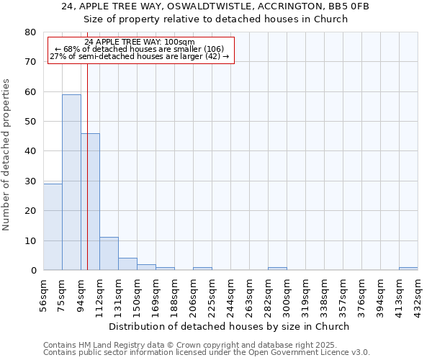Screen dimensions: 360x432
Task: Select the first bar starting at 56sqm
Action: (x=53, y=227)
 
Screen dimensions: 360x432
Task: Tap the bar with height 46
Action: (x=90, y=202)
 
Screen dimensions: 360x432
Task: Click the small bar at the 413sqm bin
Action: (x=408, y=269)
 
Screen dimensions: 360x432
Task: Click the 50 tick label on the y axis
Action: (x=30, y=122)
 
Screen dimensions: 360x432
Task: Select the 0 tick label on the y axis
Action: (x=33, y=271)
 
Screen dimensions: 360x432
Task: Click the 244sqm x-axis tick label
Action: (x=230, y=295)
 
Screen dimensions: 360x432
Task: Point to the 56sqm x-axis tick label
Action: (x=43, y=295)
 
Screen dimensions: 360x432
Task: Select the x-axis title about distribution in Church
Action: (x=230, y=326)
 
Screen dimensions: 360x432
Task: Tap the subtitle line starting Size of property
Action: (x=216, y=19)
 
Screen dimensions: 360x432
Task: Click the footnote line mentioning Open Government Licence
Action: (x=207, y=353)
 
